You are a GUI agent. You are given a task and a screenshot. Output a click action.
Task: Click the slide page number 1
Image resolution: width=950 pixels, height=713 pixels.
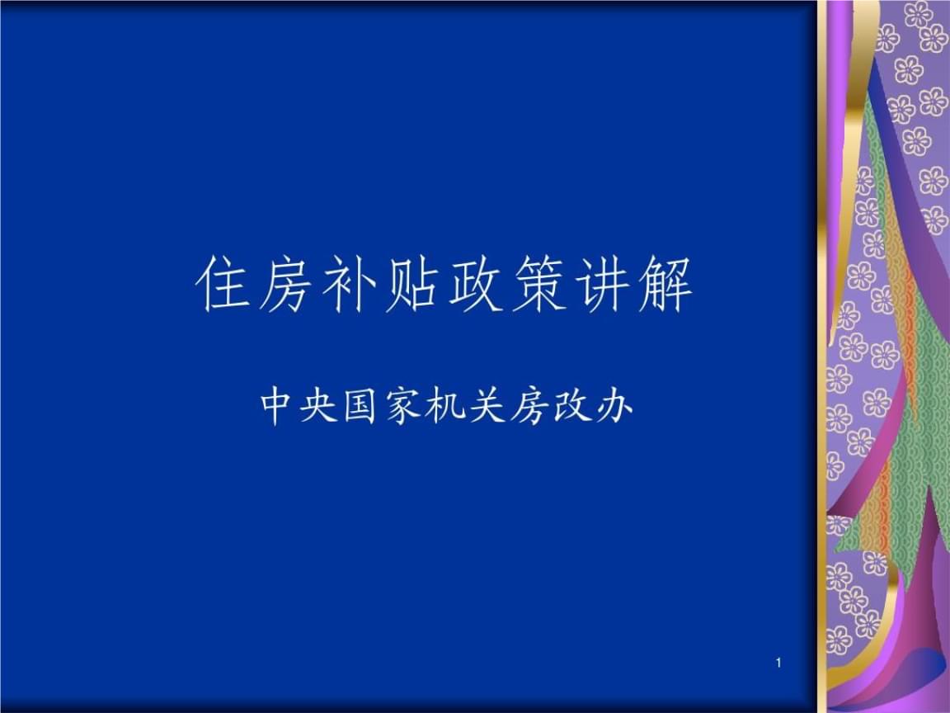point(778,663)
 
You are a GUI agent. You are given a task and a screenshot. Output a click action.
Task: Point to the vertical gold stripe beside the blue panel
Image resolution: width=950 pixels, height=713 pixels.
point(822,356)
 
